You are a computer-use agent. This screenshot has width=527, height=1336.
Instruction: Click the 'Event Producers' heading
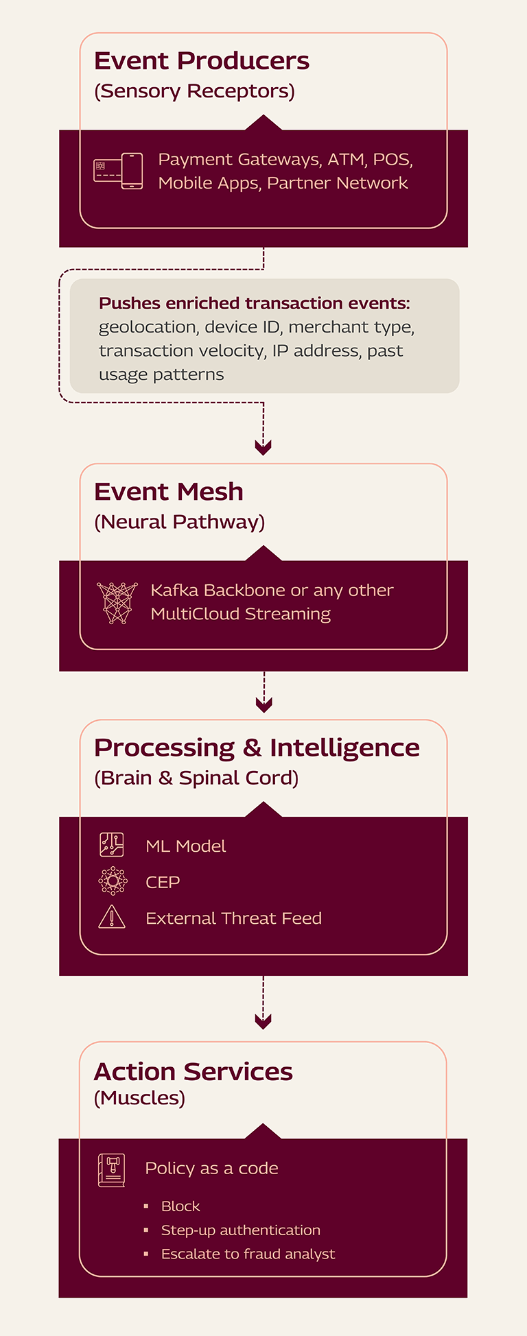tap(202, 61)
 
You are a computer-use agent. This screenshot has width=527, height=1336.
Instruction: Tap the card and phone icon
tap(118, 171)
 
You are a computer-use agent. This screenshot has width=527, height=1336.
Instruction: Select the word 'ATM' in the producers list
tap(346, 160)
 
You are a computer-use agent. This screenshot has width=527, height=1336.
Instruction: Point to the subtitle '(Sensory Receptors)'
tap(194, 91)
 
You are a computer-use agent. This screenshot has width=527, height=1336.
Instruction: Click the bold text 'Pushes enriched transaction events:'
tap(254, 303)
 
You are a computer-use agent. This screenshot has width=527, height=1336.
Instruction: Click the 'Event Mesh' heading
tap(169, 492)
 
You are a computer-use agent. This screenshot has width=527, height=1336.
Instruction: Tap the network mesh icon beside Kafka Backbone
tap(117, 603)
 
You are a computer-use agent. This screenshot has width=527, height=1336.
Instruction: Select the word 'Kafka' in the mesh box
tap(175, 591)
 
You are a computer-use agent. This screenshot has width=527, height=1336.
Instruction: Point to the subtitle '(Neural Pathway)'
tap(179, 522)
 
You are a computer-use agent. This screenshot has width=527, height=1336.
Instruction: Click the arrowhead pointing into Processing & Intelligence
tap(263, 704)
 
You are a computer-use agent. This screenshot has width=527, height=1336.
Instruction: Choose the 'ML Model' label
tap(185, 846)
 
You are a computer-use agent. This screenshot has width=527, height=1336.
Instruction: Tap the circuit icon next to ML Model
tap(112, 845)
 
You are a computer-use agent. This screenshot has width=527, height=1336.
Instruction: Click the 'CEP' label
tap(163, 883)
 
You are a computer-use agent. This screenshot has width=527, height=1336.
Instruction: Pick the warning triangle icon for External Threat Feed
tap(112, 917)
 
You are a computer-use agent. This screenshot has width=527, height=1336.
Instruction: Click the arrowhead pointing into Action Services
tap(263, 1021)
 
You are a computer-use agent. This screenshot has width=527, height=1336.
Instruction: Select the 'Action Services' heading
tap(193, 1072)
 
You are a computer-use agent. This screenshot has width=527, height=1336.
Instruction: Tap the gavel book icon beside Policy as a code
tap(111, 1170)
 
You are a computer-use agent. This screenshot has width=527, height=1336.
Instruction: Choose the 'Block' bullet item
tap(180, 1206)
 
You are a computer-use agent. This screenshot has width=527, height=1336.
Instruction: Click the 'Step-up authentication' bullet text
tap(241, 1230)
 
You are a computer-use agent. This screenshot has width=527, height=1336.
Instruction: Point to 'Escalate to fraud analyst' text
tap(248, 1254)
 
